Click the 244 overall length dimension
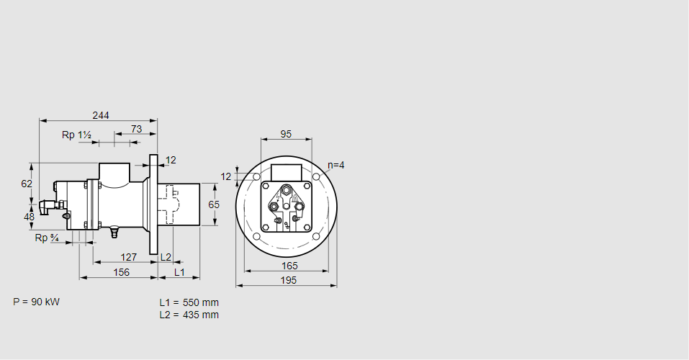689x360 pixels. (101, 115)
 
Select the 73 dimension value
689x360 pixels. (136, 129)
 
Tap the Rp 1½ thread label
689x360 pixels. (76, 135)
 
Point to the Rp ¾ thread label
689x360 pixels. (47, 238)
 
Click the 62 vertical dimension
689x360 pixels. (27, 184)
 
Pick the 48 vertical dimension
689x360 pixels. (29, 216)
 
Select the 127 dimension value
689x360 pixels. (128, 257)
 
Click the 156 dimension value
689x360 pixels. (121, 272)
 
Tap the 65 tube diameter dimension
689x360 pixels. (214, 204)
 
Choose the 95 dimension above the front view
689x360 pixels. (286, 134)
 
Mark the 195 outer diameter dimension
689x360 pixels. (288, 281)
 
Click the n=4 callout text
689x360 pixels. (336, 165)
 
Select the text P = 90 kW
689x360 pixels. (37, 302)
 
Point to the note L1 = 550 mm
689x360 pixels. (189, 302)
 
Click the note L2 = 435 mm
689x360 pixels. (189, 315)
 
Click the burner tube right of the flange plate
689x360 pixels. (184, 204)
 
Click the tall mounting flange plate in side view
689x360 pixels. (153, 204)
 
